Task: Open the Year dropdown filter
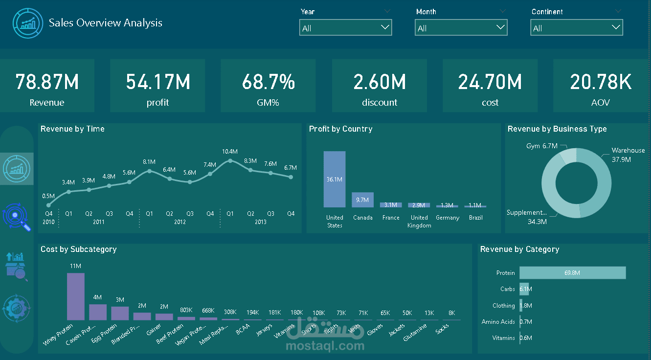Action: (345, 28)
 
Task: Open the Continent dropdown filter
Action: (576, 28)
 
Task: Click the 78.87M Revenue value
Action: (47, 82)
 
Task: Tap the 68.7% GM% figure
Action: (268, 82)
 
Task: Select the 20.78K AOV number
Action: (601, 82)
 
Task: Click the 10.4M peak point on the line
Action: (230, 160)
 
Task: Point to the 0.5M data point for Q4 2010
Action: (48, 205)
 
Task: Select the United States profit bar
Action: (335, 179)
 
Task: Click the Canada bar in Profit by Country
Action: (362, 200)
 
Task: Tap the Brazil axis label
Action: (475, 218)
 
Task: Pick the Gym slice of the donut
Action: (568, 156)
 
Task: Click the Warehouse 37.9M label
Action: (628, 155)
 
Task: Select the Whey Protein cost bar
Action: (76, 296)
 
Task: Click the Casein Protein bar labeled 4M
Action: (98, 312)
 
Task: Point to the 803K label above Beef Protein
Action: (186, 310)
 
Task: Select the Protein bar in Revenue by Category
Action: (572, 273)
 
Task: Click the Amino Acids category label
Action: (498, 322)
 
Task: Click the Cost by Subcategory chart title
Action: (79, 249)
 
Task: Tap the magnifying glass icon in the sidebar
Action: (17, 218)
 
